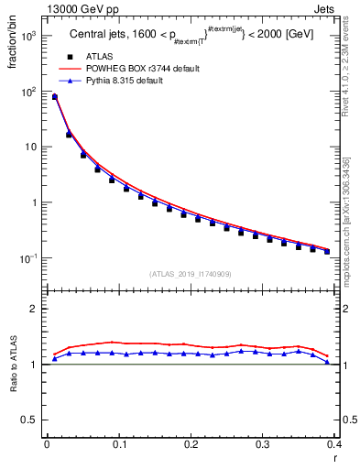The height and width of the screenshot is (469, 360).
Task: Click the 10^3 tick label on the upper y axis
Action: click(29, 37)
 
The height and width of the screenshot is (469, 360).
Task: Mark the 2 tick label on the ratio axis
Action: click(34, 309)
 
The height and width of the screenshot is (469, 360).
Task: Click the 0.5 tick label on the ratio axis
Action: click(30, 420)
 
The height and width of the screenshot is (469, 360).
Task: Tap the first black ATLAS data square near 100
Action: click(54, 97)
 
